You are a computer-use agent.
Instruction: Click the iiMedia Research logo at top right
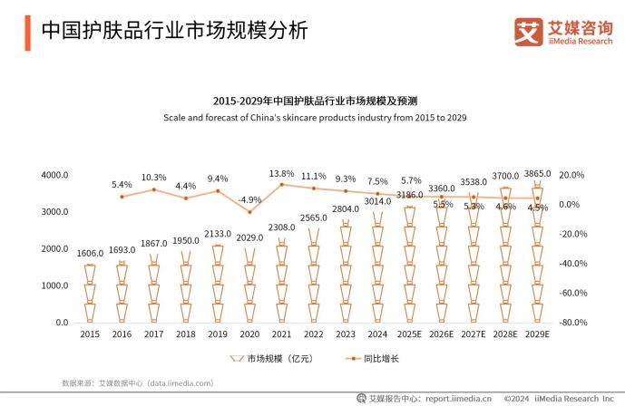562,32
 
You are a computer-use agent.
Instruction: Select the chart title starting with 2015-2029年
314,101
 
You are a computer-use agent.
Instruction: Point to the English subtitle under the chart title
314,118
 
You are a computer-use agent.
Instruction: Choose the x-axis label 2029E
538,335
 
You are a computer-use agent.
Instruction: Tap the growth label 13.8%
282,173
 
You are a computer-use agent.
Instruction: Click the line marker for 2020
249,212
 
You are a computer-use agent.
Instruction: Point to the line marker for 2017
154,189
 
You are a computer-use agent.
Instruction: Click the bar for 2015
90,294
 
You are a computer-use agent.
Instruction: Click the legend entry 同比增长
380,359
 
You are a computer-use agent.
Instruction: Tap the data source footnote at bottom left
136,383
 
